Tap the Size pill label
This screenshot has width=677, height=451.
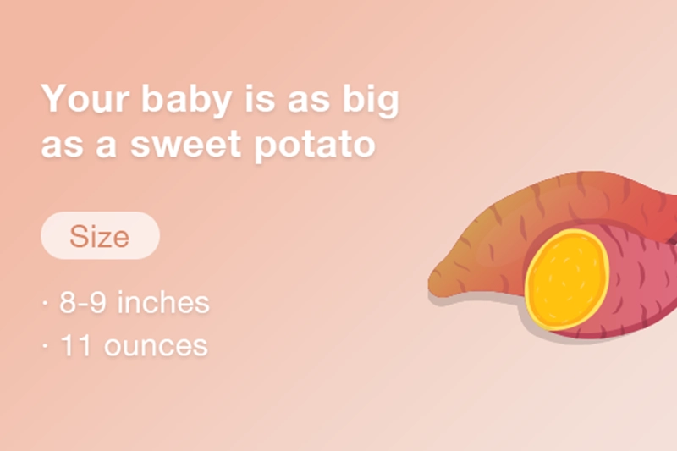pyautogui.click(x=100, y=236)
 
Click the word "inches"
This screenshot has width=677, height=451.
pyautogui.click(x=163, y=303)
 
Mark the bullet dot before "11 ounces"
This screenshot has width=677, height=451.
pyautogui.click(x=45, y=346)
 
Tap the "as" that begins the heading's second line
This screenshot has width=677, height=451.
pyautogui.click(x=61, y=145)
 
